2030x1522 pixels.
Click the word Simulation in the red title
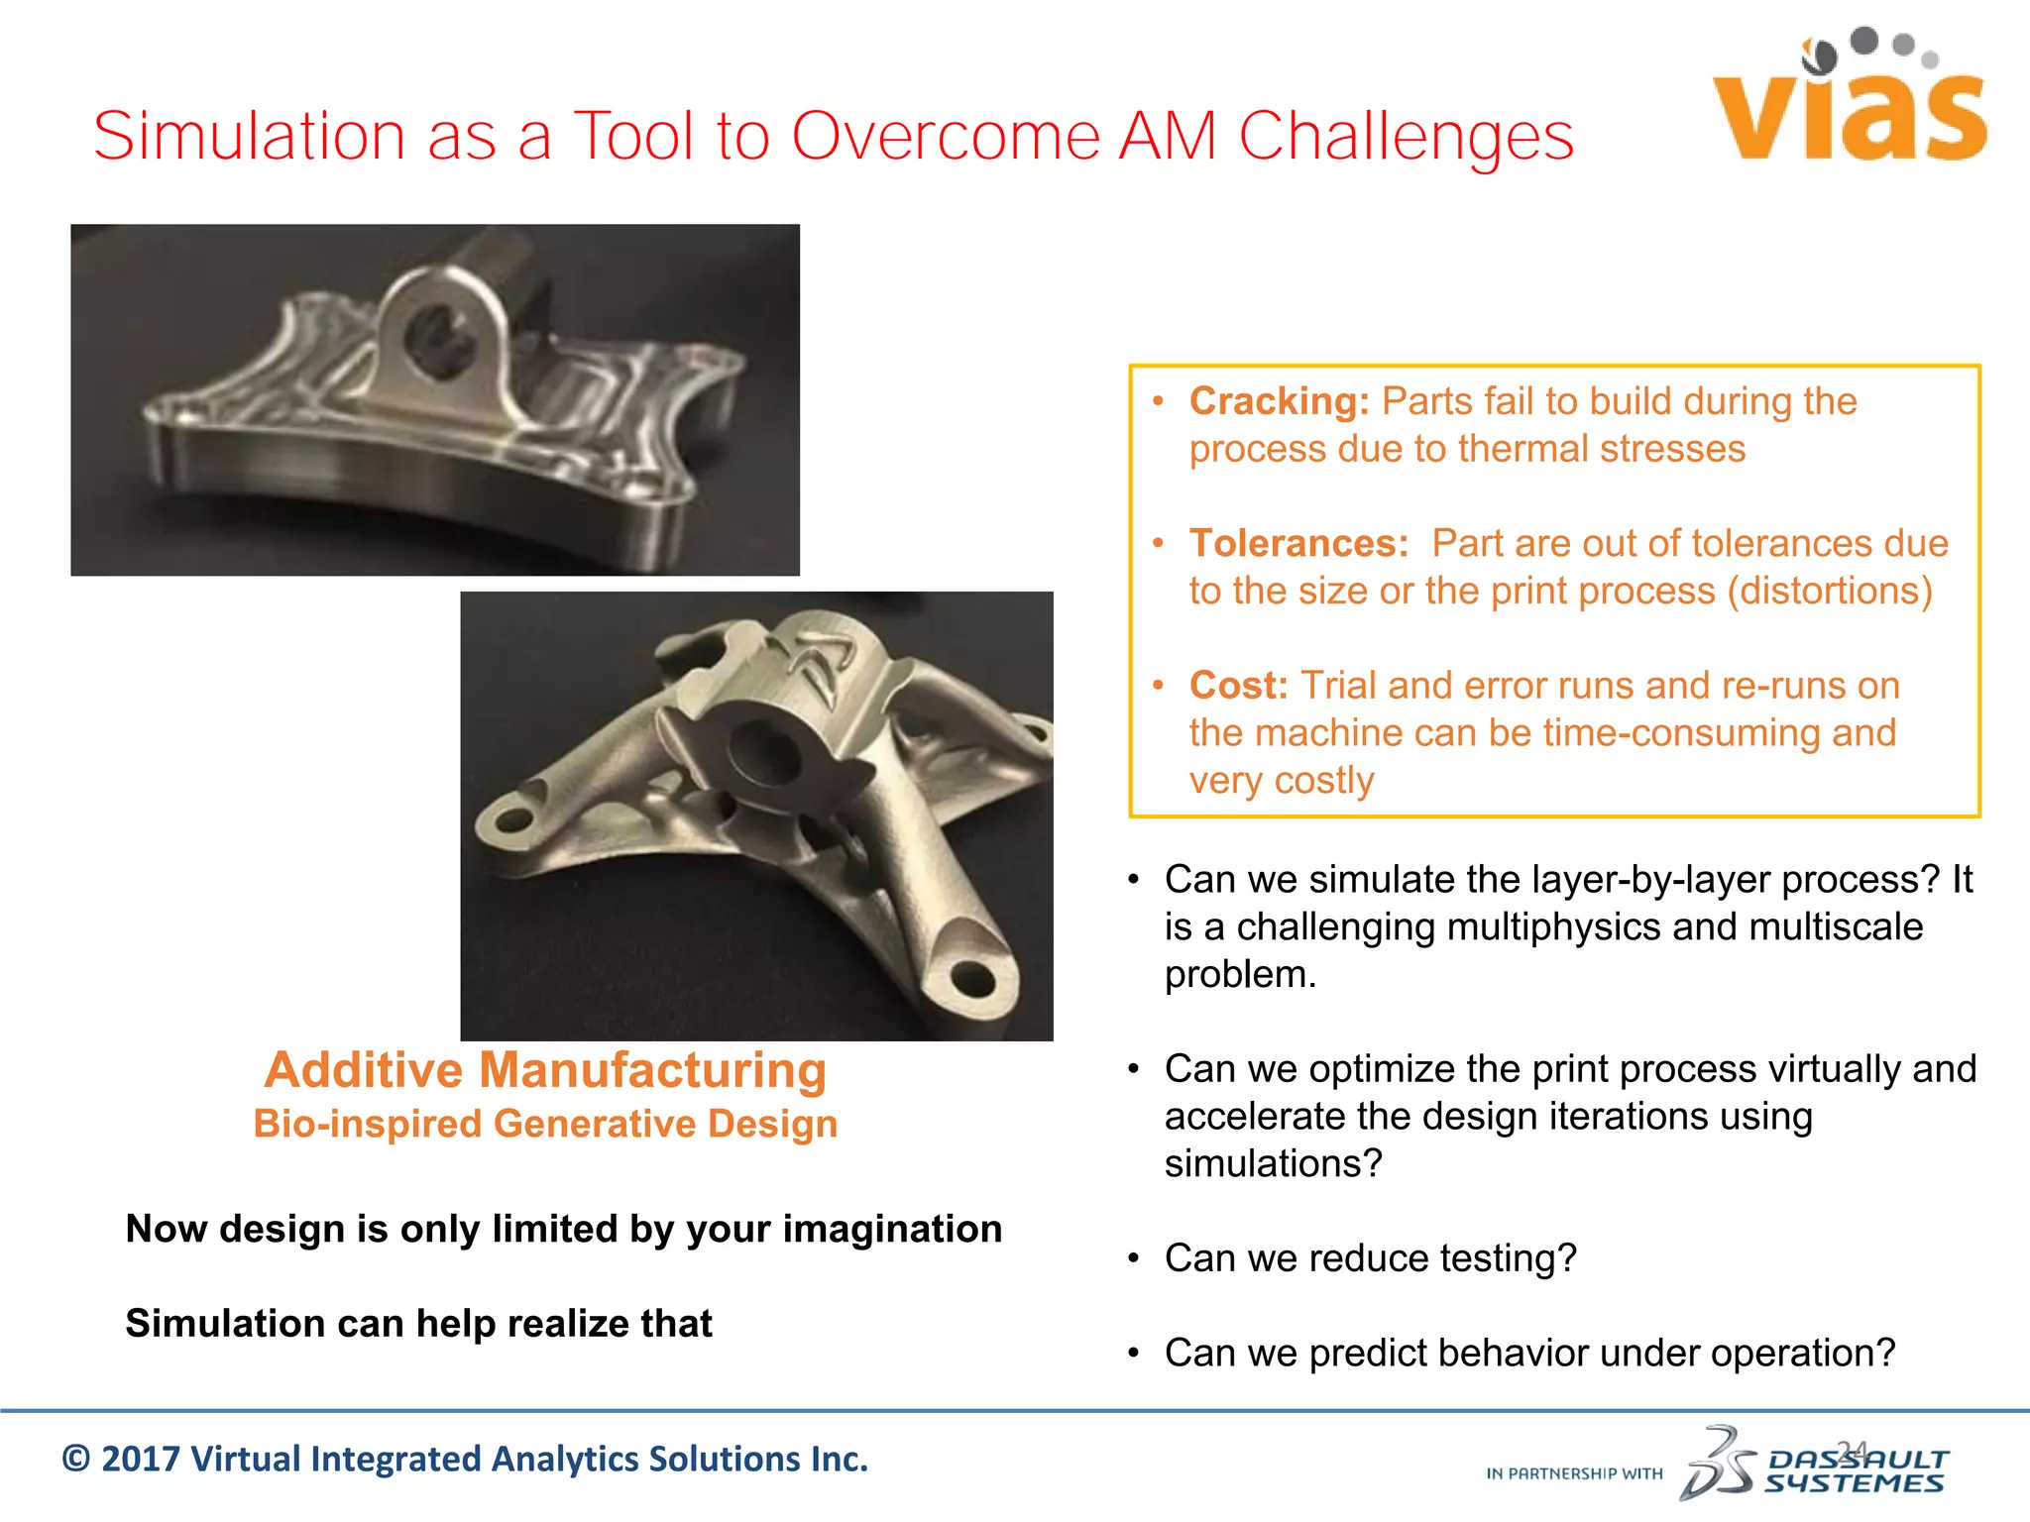tap(249, 136)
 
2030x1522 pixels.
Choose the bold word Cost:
tap(1238, 685)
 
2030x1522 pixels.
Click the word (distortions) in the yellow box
tap(1830, 591)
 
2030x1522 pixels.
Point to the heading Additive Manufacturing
tap(545, 1070)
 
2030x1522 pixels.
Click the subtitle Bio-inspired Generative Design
tap(545, 1124)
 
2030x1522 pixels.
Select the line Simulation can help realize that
tap(418, 1324)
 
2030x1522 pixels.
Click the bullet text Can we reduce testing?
tap(1370, 1258)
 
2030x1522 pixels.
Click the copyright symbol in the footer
tap(76, 1460)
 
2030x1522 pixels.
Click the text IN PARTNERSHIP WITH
tap(1574, 1474)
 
